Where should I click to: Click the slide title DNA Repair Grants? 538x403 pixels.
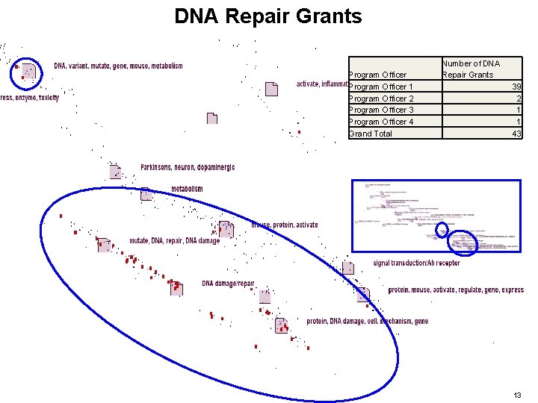coord(268,16)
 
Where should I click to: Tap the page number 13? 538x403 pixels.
coord(518,394)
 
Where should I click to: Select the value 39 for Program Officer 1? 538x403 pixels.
coord(516,87)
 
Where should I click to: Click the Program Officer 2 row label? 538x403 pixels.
coord(381,99)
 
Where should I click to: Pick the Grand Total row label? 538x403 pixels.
coord(371,134)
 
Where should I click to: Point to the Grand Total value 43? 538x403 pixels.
coord(516,134)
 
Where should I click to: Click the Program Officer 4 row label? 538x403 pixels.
coord(381,122)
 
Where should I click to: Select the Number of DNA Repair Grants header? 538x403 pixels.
coord(471,69)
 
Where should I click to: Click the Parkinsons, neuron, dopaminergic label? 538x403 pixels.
coord(188,167)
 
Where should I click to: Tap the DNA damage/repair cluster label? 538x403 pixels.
coord(228,284)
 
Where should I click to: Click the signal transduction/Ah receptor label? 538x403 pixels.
coord(417,263)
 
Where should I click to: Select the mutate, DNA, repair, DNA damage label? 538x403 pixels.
coord(175,241)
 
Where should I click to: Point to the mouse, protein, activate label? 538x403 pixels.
coord(285,225)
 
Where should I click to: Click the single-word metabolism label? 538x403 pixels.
coord(187,189)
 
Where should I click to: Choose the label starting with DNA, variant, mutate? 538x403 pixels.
coord(118,66)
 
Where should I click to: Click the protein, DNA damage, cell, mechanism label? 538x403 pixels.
coord(368,321)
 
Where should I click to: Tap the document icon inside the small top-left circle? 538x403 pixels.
coord(28,70)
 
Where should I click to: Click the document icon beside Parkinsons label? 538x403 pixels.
coord(115,171)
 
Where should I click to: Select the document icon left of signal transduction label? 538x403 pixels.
coord(348,267)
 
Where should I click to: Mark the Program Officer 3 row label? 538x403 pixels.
coord(381,110)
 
